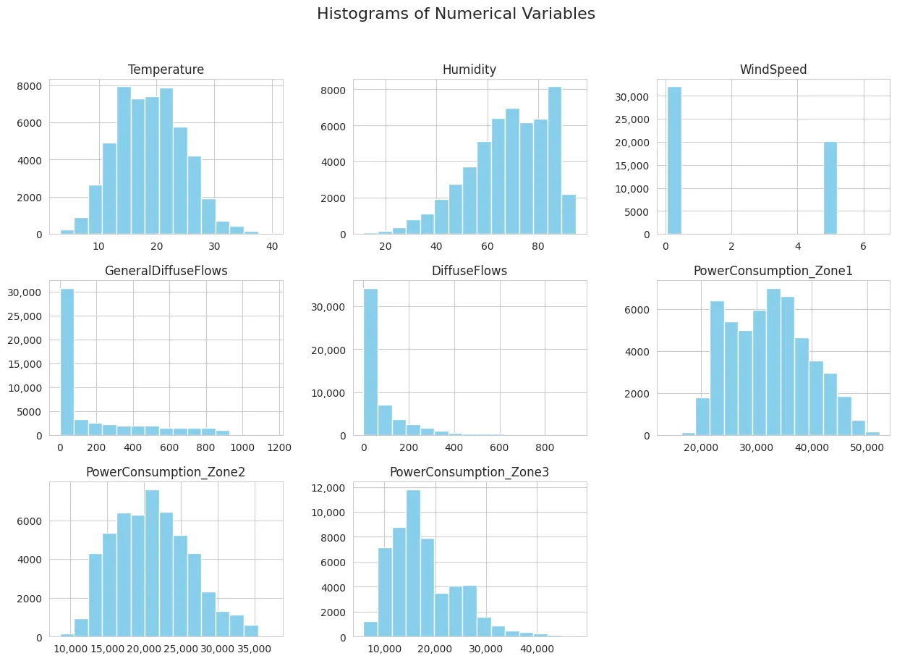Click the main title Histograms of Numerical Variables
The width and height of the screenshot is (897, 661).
pos(456,14)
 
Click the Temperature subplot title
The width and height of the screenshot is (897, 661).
pos(166,70)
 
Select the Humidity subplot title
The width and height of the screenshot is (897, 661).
pos(469,70)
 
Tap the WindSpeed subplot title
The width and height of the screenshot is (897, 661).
pos(773,70)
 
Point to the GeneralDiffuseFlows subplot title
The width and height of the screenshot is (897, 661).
pos(166,271)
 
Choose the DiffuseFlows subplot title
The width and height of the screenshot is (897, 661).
pos(469,271)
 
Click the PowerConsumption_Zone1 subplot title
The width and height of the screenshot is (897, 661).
pos(773,271)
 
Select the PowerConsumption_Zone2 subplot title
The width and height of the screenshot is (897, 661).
pos(166,472)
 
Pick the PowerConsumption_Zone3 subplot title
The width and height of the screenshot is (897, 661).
pos(469,472)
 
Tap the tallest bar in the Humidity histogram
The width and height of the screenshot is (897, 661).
pos(555,161)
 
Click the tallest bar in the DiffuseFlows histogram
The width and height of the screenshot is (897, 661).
pos(370,362)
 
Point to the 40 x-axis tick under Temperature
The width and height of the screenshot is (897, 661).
pos(272,246)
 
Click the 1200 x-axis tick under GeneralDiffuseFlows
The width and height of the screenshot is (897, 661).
pos(279,447)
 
